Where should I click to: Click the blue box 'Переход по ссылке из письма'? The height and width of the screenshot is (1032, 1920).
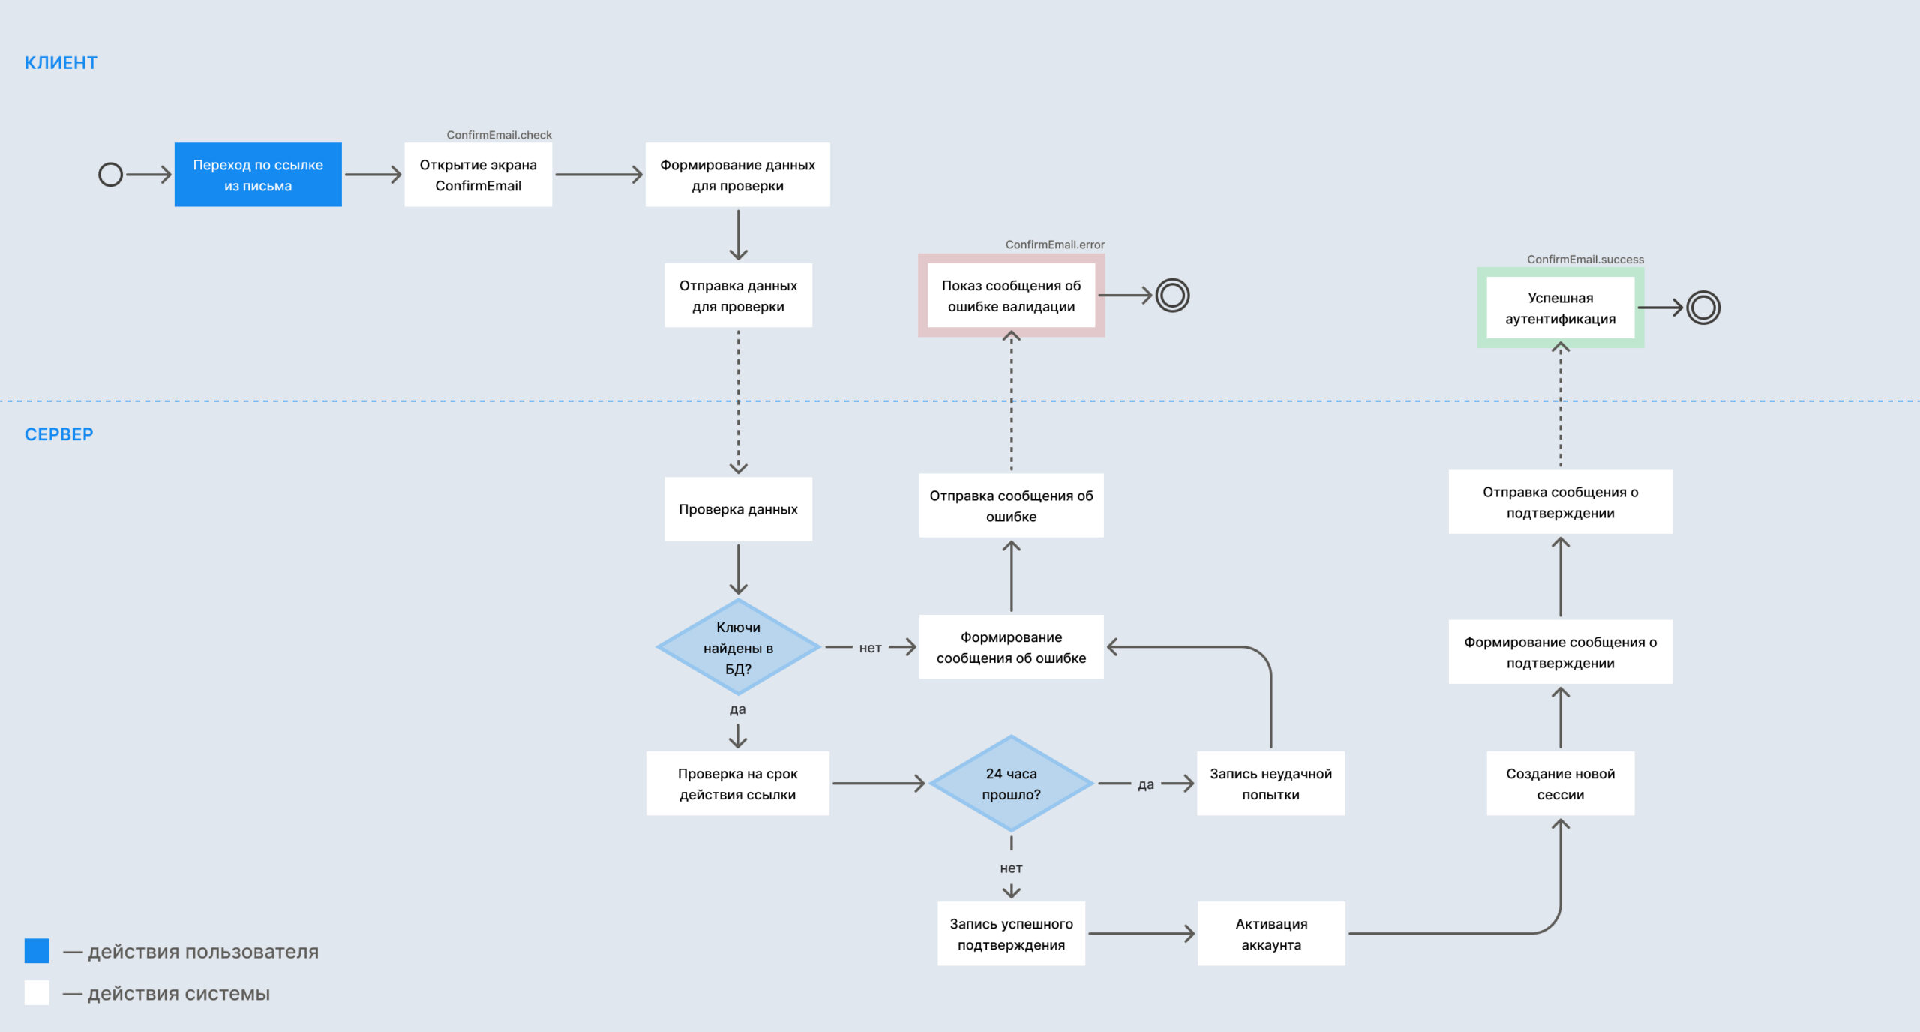pyautogui.click(x=258, y=175)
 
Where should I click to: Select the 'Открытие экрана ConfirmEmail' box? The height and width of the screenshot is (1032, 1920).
pyautogui.click(x=478, y=175)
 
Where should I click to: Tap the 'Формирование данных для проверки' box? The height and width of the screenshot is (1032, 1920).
pyautogui.click(x=738, y=175)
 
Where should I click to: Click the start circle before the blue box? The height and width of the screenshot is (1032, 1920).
pyautogui.click(x=111, y=175)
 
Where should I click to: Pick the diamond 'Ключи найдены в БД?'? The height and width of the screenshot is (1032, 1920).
pyautogui.click(x=738, y=647)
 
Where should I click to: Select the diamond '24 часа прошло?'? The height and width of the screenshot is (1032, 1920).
pyautogui.click(x=1011, y=784)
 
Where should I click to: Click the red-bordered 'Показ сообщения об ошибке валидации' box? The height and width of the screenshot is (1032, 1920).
pyautogui.click(x=1011, y=295)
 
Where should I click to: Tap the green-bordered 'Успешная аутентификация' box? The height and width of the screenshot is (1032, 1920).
pyautogui.click(x=1561, y=308)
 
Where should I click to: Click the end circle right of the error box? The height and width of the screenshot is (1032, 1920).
pyautogui.click(x=1173, y=295)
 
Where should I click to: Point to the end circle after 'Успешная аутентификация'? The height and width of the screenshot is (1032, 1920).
pyautogui.click(x=1703, y=307)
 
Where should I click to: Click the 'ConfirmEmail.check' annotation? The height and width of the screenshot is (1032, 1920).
pyautogui.click(x=499, y=135)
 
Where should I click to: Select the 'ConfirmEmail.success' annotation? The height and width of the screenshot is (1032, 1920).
pyautogui.click(x=1585, y=259)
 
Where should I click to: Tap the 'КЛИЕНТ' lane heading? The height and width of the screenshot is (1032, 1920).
pyautogui.click(x=61, y=63)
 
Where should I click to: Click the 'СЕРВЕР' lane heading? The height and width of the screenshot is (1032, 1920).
pyautogui.click(x=59, y=434)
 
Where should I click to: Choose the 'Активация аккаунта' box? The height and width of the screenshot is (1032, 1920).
pyautogui.click(x=1271, y=934)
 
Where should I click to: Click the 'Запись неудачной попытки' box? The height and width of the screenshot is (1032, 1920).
pyautogui.click(x=1271, y=784)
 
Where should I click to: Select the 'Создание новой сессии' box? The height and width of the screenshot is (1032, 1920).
pyautogui.click(x=1561, y=784)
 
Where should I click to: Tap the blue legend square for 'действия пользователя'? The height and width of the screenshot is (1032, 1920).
pyautogui.click(x=37, y=951)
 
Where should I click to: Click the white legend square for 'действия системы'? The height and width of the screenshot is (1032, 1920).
pyautogui.click(x=37, y=993)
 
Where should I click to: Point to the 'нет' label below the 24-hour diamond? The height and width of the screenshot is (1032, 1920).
pyautogui.click(x=1011, y=868)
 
